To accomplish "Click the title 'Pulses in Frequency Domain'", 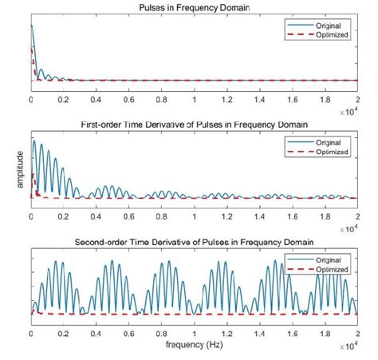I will point(194,8).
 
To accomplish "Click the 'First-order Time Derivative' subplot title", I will point(194,125).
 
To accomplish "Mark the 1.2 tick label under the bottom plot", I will point(226,334).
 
